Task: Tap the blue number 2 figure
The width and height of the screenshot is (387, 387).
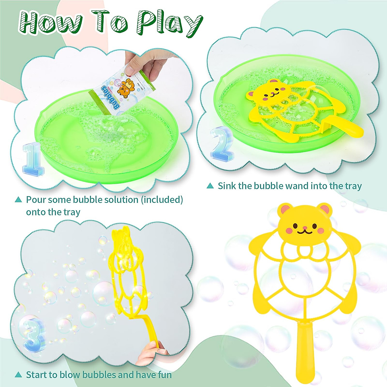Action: tap(222, 142)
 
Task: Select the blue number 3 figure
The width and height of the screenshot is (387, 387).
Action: tap(32, 334)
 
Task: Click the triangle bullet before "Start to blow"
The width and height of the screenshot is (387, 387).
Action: tap(19, 375)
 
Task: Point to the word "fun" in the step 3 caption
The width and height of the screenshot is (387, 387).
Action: tap(164, 375)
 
